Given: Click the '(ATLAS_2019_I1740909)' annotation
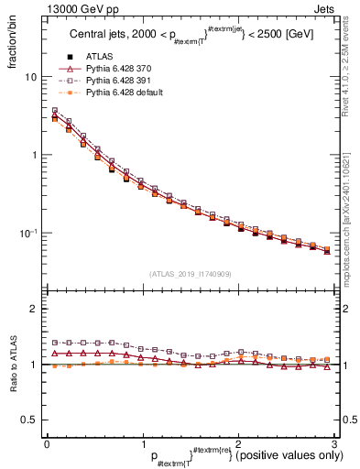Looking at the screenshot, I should pos(190,275).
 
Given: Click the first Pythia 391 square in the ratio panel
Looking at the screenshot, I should pos(55,343).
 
